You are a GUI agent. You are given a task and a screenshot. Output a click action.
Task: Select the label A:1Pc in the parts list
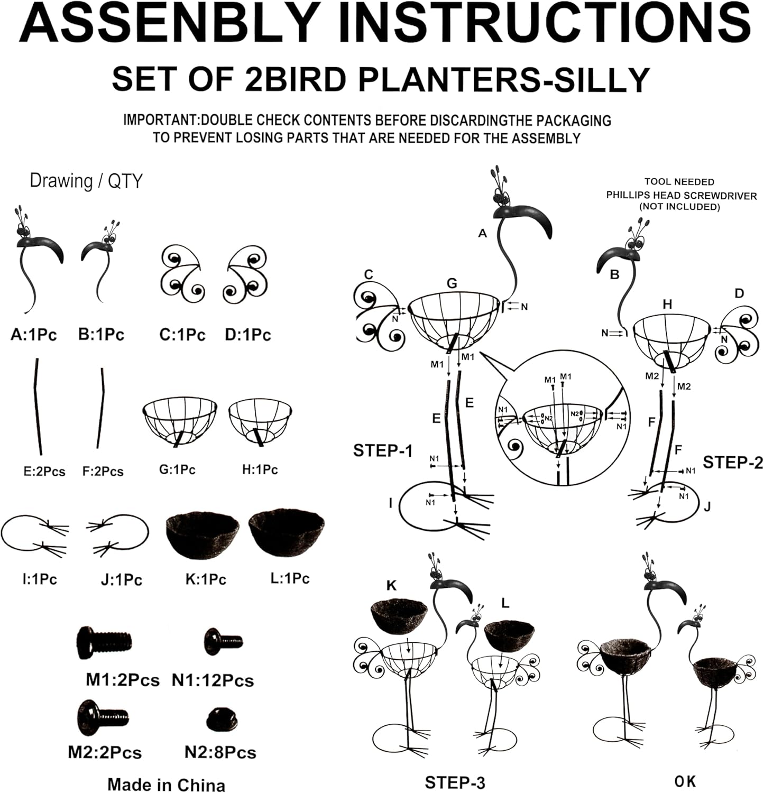coord(34,335)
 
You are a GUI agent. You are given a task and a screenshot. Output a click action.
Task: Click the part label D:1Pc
coord(248,335)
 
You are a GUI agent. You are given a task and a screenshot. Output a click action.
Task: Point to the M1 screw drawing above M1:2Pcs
coord(104,642)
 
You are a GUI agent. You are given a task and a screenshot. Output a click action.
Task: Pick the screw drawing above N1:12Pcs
coord(223,642)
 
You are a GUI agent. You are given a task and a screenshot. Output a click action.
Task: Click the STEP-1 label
coord(383,451)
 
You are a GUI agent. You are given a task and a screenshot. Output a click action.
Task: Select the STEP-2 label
coord(733,463)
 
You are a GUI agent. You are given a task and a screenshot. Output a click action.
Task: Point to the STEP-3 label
coord(455,783)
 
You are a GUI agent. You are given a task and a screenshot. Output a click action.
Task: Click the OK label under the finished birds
coord(685,781)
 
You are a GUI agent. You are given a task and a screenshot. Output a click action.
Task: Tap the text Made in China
coord(167,785)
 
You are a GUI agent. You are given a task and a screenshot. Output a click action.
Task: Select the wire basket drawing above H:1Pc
coord(261,426)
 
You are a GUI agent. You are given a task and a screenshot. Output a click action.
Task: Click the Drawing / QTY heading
coord(86,181)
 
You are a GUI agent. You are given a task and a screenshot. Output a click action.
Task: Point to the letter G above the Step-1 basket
coord(452,283)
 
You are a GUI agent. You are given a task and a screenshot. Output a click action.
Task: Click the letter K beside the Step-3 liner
coord(392,585)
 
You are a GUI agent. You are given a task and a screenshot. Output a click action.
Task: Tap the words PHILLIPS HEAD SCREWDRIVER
coord(682,196)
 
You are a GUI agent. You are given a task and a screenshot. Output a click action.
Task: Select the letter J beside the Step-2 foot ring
coord(707,507)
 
